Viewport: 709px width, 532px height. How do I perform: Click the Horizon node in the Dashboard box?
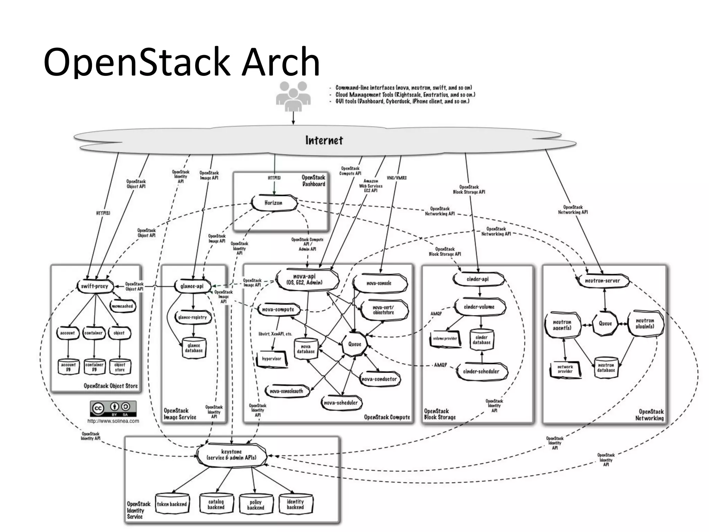pyautogui.click(x=273, y=203)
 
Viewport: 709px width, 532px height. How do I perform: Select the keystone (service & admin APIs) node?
pyautogui.click(x=231, y=454)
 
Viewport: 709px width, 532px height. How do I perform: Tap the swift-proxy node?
pyautogui.click(x=95, y=286)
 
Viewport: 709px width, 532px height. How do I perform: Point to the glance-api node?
pyautogui.click(x=192, y=286)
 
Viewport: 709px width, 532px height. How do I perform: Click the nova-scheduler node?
pyautogui.click(x=341, y=403)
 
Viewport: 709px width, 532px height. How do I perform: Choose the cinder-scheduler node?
pyautogui.click(x=481, y=371)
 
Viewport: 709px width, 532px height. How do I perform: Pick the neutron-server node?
pyautogui.click(x=602, y=281)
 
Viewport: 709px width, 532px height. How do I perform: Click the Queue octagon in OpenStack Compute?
pyautogui.click(x=354, y=344)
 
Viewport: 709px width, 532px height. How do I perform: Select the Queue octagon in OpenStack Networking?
pyautogui.click(x=605, y=323)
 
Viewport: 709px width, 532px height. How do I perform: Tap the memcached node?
pyautogui.click(x=122, y=306)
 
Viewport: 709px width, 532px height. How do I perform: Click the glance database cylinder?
pyautogui.click(x=194, y=348)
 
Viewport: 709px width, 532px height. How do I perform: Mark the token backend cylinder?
pyautogui.click(x=172, y=504)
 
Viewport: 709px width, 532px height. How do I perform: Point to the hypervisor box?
pyautogui.click(x=272, y=359)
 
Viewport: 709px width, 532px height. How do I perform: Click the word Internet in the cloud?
pyautogui.click(x=324, y=140)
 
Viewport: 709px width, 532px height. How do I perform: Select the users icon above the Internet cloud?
pyautogui.click(x=293, y=96)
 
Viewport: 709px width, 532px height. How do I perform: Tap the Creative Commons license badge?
pyautogui.click(x=113, y=409)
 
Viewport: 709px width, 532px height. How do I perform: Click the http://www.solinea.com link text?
pyautogui.click(x=113, y=421)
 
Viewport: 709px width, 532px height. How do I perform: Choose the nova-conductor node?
pyautogui.click(x=379, y=379)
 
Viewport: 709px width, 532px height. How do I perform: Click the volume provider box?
pyautogui.click(x=445, y=338)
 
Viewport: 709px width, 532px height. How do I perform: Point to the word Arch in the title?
pyautogui.click(x=280, y=62)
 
